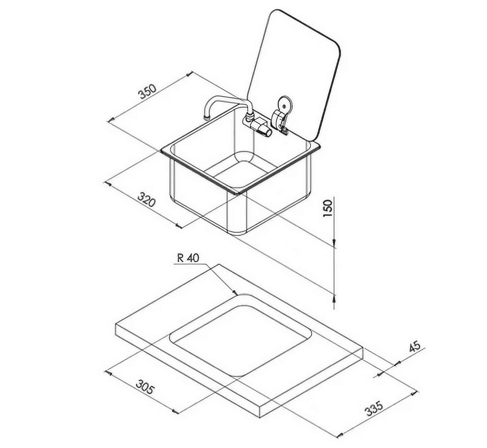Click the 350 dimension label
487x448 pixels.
(x=148, y=92)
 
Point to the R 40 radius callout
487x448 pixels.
(x=188, y=258)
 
